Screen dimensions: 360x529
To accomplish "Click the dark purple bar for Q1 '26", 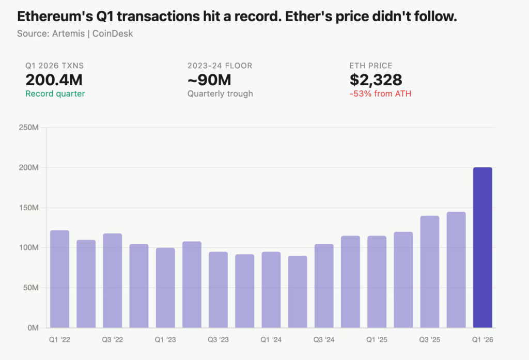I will (x=483, y=248).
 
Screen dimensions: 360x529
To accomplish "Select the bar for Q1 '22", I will (x=59, y=279).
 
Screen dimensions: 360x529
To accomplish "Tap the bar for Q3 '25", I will (x=429, y=272).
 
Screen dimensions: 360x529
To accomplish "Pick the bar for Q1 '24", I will (x=271, y=290).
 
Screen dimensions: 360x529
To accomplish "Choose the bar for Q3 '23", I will (x=218, y=290).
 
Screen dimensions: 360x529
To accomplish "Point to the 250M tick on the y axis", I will (x=29, y=128).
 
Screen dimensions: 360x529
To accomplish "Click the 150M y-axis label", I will (x=29, y=208).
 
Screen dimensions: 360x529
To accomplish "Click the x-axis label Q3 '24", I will (x=324, y=340).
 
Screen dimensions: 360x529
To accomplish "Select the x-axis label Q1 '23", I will (x=165, y=340).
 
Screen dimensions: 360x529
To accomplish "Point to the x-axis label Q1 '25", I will (x=377, y=340).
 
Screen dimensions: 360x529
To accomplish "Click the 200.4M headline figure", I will (x=54, y=80).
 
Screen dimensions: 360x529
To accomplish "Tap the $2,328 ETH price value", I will (x=376, y=80).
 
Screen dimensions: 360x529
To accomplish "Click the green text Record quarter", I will (x=55, y=94).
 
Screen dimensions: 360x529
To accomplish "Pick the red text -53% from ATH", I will (x=380, y=94).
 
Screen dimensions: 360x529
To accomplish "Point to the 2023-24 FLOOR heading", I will (x=220, y=66).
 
